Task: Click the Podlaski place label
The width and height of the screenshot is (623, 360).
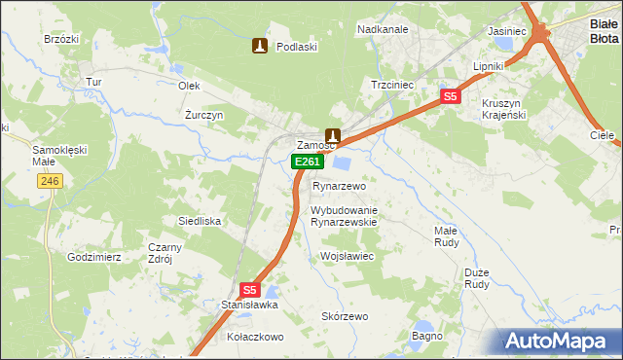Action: (297, 46)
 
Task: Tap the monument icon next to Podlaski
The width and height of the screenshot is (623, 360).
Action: (259, 46)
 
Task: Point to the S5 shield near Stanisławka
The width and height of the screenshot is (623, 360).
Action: (250, 290)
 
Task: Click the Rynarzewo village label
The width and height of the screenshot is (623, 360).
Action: (338, 185)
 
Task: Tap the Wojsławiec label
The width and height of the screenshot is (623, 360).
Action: (348, 256)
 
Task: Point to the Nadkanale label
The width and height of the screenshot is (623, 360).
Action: (383, 29)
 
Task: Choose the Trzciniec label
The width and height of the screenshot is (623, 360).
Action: (392, 85)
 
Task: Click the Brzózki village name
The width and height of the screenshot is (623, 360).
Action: (61, 39)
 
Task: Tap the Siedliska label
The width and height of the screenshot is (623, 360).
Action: (199, 221)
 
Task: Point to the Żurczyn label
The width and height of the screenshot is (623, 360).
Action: (205, 114)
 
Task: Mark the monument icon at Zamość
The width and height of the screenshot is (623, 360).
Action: (333, 136)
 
